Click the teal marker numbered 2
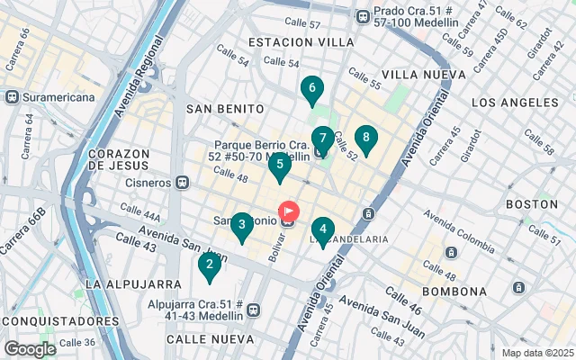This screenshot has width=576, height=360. coord(209,265)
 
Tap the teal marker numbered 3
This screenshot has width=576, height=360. coord(241,226)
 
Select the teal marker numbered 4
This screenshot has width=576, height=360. coord(323,230)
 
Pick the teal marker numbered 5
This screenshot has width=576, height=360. coord(280,165)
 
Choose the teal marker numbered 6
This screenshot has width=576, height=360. coord(311,89)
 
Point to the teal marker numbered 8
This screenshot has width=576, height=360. coord(366,139)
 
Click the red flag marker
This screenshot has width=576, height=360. coord(289,212)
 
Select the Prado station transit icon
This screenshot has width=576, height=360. coord(363,15)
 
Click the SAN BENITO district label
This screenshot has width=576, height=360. coord(225,108)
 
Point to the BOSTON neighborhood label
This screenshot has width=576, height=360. coord(531,204)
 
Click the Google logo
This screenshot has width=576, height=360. coord(30,348)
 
